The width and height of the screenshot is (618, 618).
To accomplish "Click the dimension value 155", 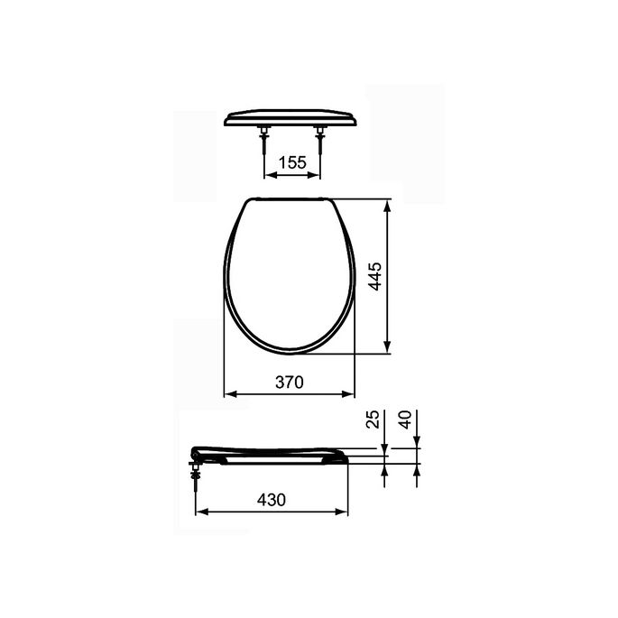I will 291,162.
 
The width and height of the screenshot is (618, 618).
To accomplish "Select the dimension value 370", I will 289,382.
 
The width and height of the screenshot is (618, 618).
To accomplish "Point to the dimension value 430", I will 272,499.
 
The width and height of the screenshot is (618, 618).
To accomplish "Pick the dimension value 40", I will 404,420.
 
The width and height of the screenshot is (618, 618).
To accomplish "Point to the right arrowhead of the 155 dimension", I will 315,175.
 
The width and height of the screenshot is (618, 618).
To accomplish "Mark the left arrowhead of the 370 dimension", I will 228,393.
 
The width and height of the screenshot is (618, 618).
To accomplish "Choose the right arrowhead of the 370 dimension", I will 349,393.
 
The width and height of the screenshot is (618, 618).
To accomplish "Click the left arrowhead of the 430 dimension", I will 201,512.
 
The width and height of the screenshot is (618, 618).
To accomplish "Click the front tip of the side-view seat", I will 346,457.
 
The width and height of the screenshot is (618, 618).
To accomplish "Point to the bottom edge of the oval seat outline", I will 289,350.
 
